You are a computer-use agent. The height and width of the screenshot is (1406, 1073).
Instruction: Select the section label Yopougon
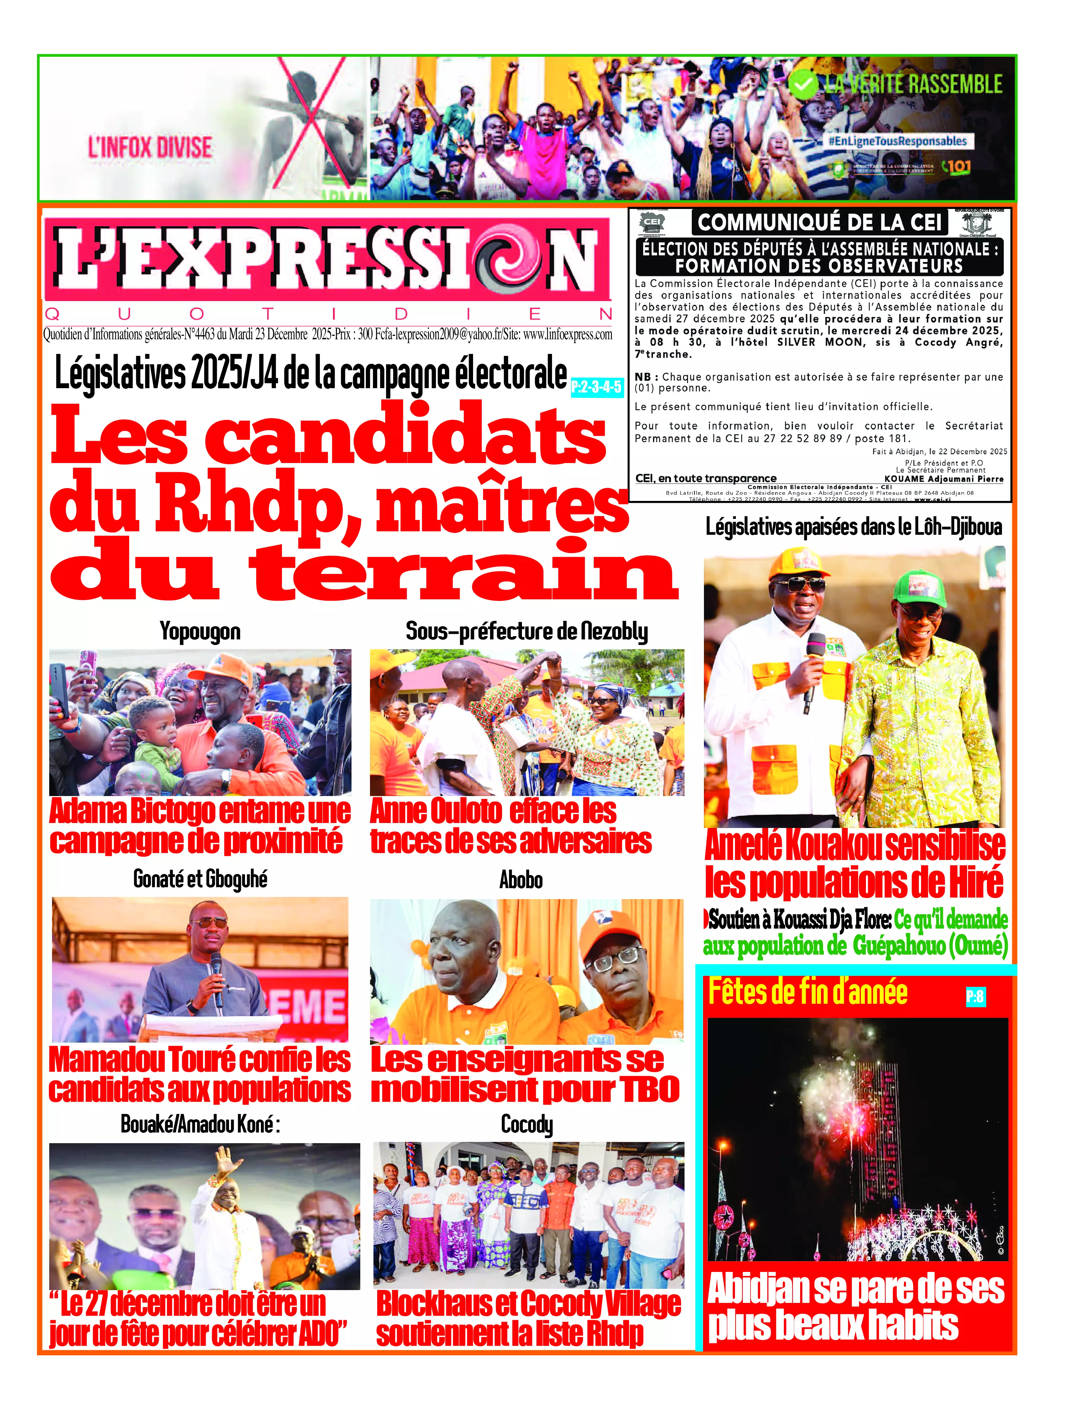pyautogui.click(x=200, y=632)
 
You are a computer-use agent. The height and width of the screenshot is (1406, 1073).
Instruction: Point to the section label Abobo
pyautogui.click(x=521, y=880)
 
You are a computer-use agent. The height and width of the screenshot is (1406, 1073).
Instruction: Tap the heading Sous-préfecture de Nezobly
pyautogui.click(x=526, y=632)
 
